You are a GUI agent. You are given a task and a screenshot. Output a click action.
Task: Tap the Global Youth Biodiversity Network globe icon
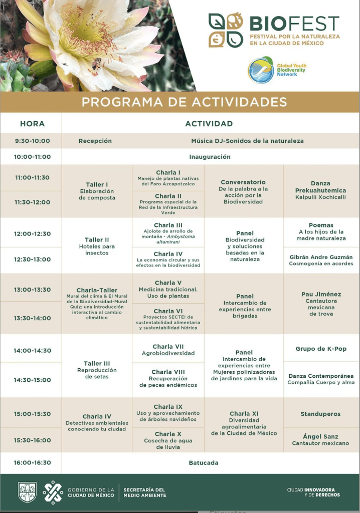261,70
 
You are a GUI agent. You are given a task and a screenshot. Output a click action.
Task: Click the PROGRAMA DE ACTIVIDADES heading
184,102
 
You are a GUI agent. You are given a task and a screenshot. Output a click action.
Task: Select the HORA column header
32,123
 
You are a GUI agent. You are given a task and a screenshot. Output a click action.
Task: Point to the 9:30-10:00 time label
32,141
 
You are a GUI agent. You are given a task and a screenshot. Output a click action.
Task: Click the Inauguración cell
210,157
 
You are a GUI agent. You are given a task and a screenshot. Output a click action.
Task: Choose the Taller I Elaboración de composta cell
97,191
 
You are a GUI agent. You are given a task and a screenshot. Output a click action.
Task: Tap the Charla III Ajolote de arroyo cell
168,233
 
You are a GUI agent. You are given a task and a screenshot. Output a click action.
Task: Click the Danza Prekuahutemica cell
321,190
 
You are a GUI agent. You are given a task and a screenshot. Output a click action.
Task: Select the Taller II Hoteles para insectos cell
97,246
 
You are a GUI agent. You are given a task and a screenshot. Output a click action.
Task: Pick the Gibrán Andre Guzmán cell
321,260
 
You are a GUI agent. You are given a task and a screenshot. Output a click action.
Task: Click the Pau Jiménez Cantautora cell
321,304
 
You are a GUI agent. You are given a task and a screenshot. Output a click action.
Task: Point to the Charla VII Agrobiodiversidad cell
168,350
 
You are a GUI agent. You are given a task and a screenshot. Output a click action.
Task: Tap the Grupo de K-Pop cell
321,349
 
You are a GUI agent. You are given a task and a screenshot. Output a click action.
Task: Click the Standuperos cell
321,414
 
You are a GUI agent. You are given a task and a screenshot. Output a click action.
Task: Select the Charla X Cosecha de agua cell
168,440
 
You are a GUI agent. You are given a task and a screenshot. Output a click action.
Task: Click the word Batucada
204,463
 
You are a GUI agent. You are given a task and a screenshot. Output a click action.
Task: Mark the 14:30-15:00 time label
32,380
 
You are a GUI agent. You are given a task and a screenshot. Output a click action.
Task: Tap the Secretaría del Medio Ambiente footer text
144,492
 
